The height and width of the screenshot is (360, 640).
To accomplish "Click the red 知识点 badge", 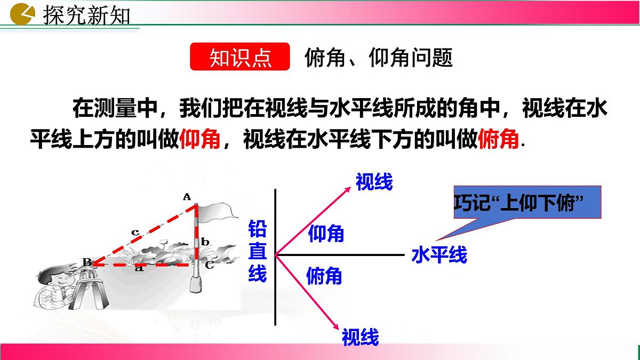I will tap(239, 57).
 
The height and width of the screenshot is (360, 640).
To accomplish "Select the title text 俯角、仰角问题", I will tap(379, 57).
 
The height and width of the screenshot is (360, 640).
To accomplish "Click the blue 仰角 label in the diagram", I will tap(326, 233).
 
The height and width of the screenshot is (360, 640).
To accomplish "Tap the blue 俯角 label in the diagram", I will tap(324, 276).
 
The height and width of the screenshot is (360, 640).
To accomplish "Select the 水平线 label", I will tap(439, 255).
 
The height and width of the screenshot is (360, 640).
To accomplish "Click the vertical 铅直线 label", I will tap(258, 251).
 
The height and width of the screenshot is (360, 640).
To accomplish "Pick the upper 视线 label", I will tap(374, 182).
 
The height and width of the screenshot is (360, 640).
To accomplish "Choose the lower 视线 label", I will tap(360, 337).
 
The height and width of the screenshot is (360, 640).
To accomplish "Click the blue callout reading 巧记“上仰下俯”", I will tap(527, 203).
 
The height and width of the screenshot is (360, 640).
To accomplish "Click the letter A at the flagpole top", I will tap(187, 197).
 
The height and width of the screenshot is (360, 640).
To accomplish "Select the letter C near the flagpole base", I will tap(210, 263).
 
